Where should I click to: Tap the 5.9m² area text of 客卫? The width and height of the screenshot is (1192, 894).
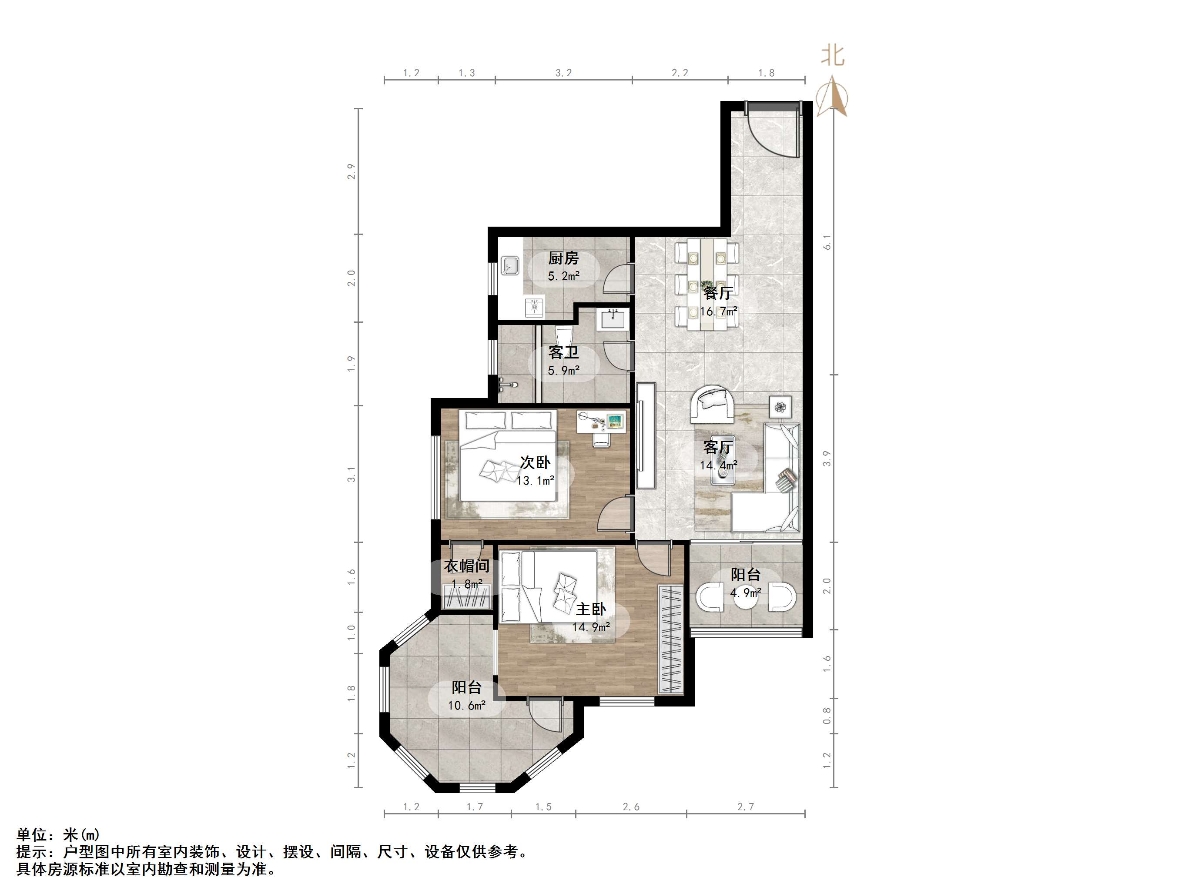pyautogui.click(x=564, y=371)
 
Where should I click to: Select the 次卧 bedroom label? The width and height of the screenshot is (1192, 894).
pyautogui.click(x=535, y=462)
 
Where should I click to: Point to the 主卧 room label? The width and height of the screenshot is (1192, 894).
pyautogui.click(x=591, y=609)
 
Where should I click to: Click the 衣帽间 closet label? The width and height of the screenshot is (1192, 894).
pyautogui.click(x=467, y=566)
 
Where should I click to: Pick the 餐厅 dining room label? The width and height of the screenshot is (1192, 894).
pyautogui.click(x=718, y=293)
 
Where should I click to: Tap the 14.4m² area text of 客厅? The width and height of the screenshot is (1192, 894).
pyautogui.click(x=718, y=465)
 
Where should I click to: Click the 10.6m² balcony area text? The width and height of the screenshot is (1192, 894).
pyautogui.click(x=467, y=705)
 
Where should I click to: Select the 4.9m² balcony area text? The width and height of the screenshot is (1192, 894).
pyautogui.click(x=746, y=593)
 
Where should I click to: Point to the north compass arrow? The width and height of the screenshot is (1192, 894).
pyautogui.click(x=833, y=97)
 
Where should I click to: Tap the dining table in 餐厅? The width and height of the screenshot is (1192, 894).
pyautogui.click(x=707, y=285)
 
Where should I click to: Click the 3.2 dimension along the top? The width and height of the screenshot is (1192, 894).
pyautogui.click(x=564, y=73)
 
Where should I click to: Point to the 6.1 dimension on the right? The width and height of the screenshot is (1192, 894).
pyautogui.click(x=827, y=242)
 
